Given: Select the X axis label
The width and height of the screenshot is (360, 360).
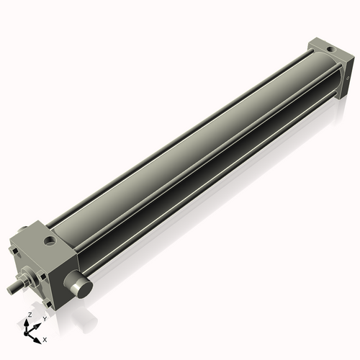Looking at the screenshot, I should (x=45, y=338).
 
